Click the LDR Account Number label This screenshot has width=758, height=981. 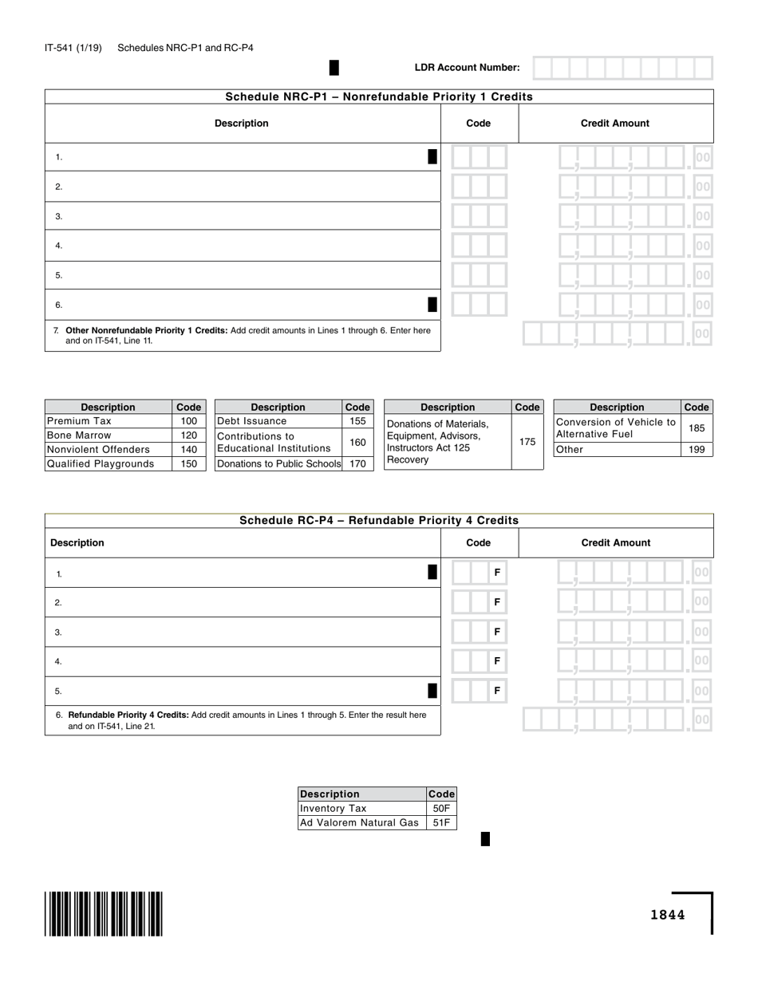point(467,68)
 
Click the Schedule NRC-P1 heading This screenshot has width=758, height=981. point(379,97)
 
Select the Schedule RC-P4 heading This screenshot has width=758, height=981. point(379,521)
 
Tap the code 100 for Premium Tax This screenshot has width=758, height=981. point(188,421)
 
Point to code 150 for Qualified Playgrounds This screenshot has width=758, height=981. point(188,464)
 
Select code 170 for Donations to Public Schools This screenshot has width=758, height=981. point(357,463)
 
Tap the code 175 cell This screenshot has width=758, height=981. point(527,441)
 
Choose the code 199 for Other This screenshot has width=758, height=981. point(697,450)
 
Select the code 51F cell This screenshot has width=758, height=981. point(441,823)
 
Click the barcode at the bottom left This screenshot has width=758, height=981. point(104,913)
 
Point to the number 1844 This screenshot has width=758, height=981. point(667,915)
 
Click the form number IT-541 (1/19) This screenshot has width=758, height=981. point(73,48)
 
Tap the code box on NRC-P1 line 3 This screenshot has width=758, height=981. point(479,216)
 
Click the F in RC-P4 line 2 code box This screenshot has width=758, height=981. point(497,602)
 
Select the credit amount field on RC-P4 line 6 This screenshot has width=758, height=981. point(616,720)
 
